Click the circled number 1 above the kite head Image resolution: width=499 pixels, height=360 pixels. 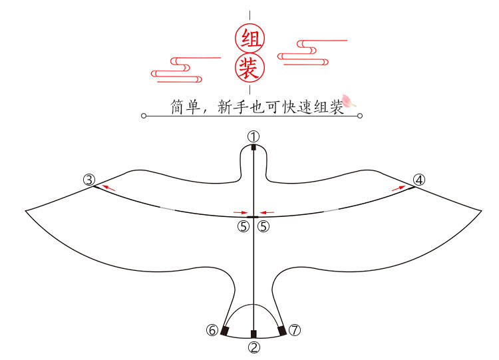tap(253, 136)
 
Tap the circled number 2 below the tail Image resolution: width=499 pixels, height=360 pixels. tap(253, 347)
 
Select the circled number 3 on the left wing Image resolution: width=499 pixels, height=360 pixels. tap(89, 180)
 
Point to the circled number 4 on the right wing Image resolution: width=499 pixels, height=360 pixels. tap(418, 180)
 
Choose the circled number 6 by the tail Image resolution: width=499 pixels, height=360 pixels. tap(212, 330)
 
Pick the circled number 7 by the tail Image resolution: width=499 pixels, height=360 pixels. tap(295, 330)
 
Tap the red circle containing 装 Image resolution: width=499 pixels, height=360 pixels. tap(249, 67)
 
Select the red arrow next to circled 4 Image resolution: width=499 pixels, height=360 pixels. tap(398, 188)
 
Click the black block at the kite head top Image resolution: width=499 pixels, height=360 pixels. tap(253, 148)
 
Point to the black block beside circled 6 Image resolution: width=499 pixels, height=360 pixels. tap(225, 331)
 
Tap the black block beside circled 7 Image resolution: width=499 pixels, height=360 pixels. tap(282, 331)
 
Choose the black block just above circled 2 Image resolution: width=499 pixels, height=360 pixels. tap(253, 333)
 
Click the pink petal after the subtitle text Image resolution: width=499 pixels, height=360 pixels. tap(349, 100)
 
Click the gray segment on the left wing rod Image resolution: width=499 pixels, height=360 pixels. tap(167, 209)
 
